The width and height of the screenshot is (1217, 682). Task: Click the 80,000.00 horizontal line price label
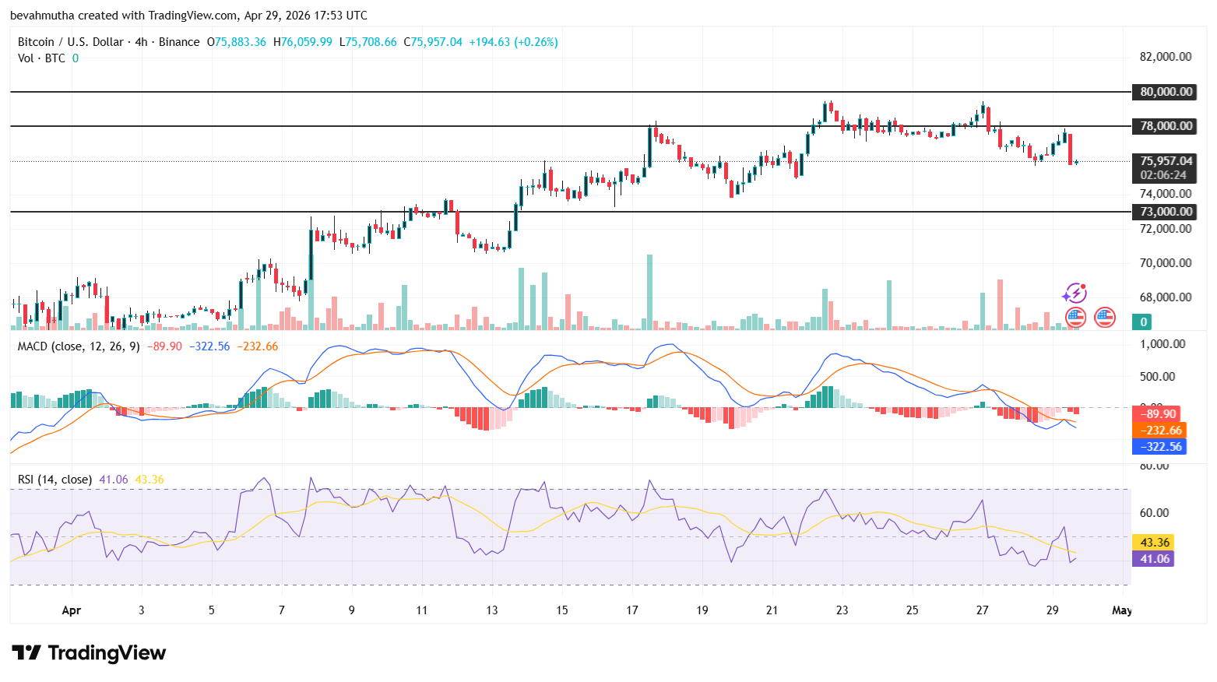1166,92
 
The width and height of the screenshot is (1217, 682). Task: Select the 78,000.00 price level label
1166,126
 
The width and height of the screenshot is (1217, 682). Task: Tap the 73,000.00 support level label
1166,212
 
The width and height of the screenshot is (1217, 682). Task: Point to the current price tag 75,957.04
1166,161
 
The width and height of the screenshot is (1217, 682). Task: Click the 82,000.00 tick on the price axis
1165,57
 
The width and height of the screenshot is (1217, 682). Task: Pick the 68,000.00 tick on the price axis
1165,297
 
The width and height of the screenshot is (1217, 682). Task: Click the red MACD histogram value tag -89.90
1158,414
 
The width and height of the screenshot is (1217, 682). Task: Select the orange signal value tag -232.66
1160,431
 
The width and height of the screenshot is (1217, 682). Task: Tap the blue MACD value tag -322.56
1160,447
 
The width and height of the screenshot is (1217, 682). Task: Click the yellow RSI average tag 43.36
1155,543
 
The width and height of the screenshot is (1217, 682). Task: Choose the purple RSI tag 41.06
1155,559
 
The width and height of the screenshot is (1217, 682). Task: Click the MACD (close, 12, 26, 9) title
79,346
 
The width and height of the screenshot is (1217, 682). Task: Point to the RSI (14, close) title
55,480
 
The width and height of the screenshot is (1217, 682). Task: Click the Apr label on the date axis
71,610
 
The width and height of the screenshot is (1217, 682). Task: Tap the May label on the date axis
1121,610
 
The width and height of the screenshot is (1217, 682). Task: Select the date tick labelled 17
631,610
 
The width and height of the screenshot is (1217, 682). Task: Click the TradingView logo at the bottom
89,652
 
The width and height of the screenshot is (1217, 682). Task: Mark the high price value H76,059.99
303,42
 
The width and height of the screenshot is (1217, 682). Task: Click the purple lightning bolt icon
1075,294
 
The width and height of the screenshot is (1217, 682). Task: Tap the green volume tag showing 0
1143,322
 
